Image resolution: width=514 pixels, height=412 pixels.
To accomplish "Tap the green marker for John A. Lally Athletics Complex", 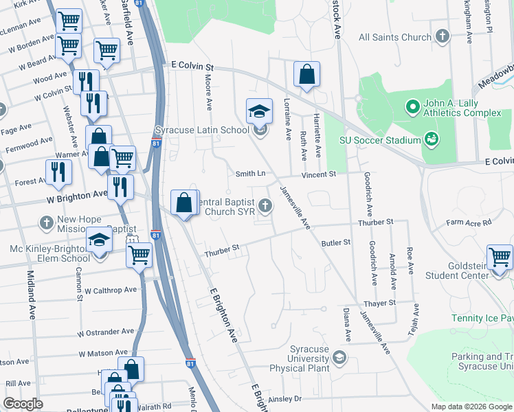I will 412,106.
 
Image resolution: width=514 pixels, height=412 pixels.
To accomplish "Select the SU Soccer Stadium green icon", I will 432,140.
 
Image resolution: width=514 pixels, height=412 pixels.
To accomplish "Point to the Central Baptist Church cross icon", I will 266,205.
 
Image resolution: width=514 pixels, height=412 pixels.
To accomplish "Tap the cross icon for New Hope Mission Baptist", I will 46,222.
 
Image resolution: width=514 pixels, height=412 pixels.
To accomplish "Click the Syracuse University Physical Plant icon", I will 339,358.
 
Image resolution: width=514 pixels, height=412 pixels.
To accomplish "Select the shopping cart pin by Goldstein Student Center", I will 500,258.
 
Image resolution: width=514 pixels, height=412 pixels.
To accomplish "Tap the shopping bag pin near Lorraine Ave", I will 306,75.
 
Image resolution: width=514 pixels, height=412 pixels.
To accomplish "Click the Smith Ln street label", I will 251,174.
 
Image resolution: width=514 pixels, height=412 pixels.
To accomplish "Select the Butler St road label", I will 336,242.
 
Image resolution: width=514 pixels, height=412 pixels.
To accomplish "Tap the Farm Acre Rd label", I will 469,222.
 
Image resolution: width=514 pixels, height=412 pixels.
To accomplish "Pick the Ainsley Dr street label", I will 284,398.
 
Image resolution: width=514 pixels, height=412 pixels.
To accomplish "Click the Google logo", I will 23,403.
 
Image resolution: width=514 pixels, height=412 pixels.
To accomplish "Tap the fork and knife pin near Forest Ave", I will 58,172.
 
